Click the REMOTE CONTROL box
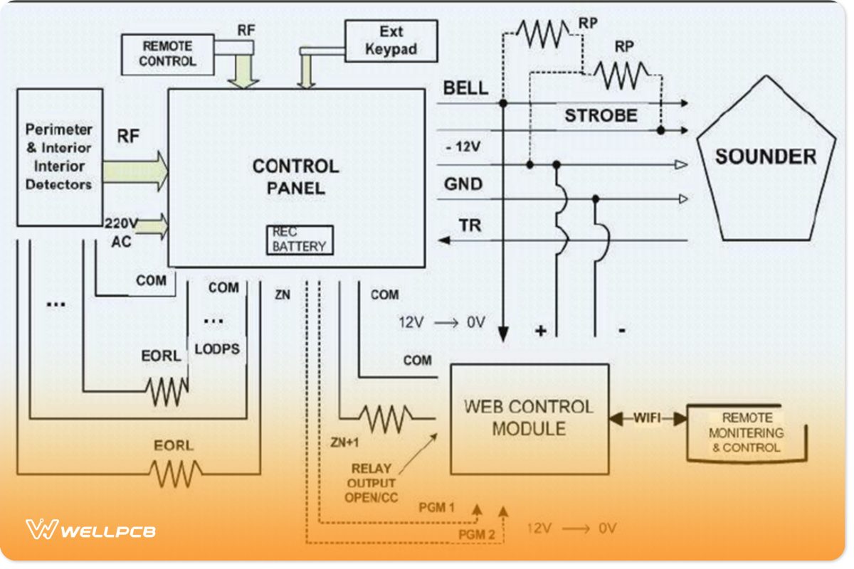(167, 54)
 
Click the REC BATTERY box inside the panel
(299, 240)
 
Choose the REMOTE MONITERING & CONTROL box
(747, 433)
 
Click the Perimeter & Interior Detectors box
(59, 157)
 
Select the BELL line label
(465, 88)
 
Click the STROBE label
(601, 116)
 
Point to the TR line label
(470, 226)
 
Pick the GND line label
(463, 184)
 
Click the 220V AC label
(120, 230)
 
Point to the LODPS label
(217, 349)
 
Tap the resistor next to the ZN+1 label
(385, 419)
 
